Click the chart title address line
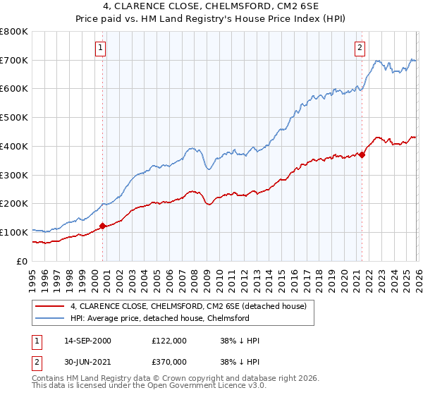(x=211, y=6)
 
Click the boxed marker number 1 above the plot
(x=101, y=48)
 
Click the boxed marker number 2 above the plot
(x=360, y=48)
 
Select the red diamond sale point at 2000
(x=102, y=226)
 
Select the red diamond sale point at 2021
(x=362, y=154)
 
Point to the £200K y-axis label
(x=14, y=204)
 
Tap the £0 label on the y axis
(x=23, y=261)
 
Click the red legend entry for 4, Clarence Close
(x=188, y=307)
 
